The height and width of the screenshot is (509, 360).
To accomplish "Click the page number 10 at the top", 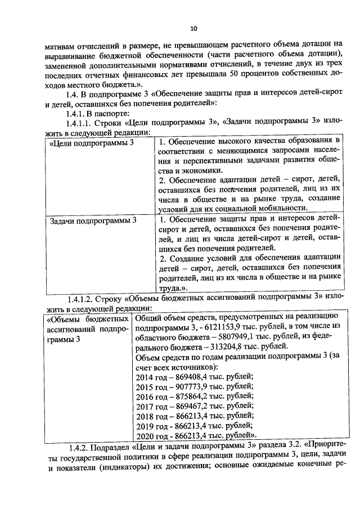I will click(193, 28).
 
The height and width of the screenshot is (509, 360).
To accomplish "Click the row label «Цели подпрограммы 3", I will click(92, 143).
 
